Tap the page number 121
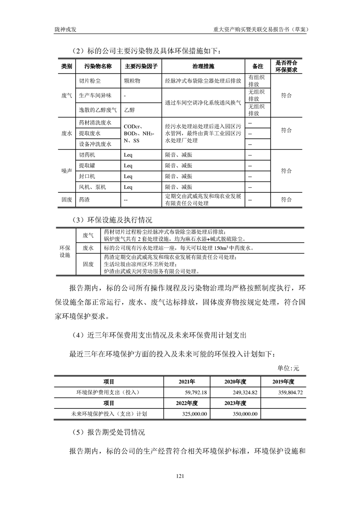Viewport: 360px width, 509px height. click(x=180, y=476)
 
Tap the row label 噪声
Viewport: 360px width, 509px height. click(x=66, y=171)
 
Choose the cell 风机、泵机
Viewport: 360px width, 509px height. click(x=92, y=187)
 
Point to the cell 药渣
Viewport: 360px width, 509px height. click(x=84, y=200)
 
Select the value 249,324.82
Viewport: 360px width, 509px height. click(x=245, y=392)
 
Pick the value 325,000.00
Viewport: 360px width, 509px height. click(x=193, y=414)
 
